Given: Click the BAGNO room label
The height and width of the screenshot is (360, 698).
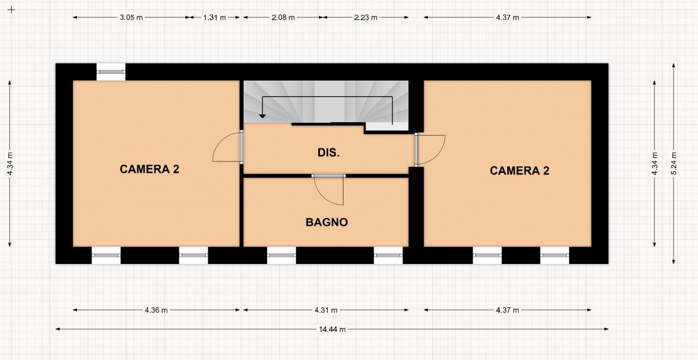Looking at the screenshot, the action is [327, 222].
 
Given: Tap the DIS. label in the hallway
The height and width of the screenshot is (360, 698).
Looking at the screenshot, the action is [328, 153].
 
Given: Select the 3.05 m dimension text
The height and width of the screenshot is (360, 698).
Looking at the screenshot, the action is [131, 17].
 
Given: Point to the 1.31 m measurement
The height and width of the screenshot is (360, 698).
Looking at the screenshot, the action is [214, 17].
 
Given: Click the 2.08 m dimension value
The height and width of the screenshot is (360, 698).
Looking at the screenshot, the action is [283, 17].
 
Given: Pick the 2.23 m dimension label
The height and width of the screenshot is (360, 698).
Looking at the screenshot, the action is [365, 17].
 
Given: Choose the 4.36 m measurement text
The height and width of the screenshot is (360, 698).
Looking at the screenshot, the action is [156, 310].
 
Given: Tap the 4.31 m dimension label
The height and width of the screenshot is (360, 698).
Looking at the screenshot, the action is [326, 310].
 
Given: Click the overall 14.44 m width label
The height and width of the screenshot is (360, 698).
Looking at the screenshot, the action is [332, 329].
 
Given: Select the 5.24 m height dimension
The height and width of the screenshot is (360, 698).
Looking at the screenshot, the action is [673, 164].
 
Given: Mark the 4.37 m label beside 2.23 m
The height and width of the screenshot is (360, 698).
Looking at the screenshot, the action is [507, 17].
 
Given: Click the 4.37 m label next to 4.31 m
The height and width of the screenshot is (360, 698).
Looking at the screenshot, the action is [507, 310].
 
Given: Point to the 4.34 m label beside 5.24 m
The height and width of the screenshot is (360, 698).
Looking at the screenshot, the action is [654, 164].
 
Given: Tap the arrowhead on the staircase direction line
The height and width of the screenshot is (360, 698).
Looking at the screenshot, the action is [262, 116].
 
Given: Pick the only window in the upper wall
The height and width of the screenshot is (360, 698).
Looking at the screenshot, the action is [111, 71].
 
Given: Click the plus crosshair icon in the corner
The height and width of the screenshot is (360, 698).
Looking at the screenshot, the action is [11, 10].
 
